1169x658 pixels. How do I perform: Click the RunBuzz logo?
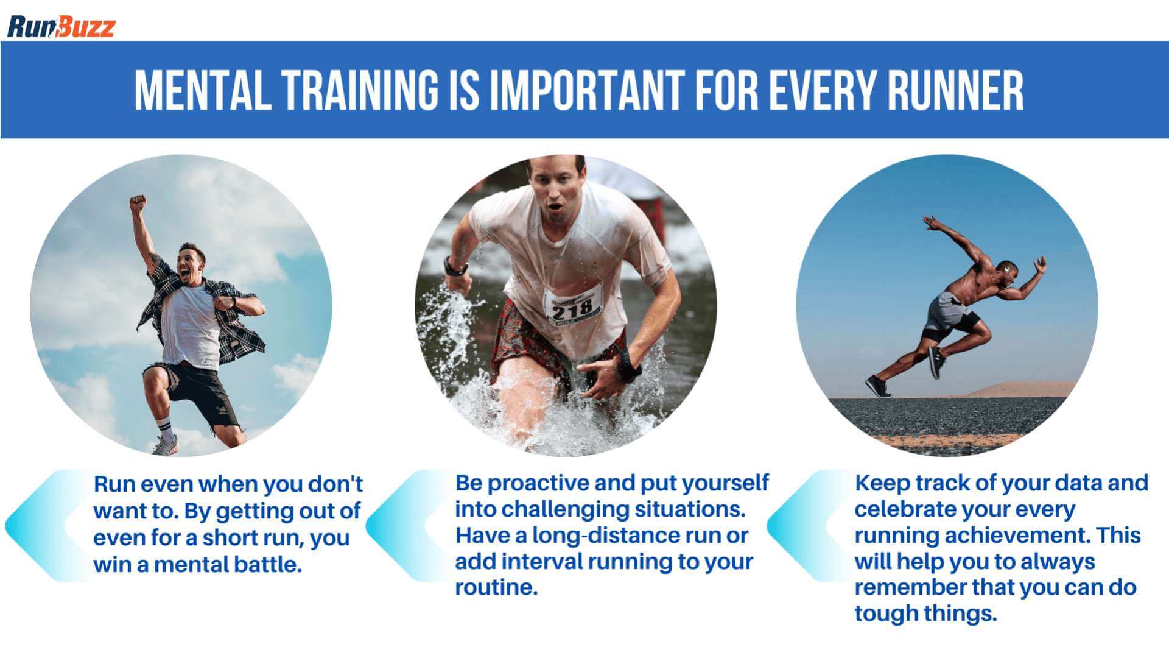pos(61,27)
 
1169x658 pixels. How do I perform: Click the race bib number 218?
pos(572,308)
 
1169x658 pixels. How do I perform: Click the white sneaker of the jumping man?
pos(165,445)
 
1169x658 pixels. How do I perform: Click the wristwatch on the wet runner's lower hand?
pos(627,366)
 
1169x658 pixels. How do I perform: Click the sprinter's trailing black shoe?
pos(878,386)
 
